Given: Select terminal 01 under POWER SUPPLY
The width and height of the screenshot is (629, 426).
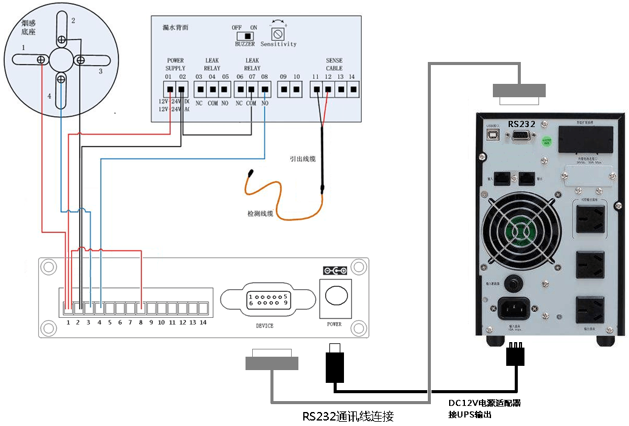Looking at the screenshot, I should point(170,90).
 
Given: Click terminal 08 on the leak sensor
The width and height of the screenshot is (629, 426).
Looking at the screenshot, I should point(265,90).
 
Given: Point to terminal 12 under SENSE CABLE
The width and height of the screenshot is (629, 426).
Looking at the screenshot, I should point(328,90).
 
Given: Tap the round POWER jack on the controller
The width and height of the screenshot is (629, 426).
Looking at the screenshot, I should point(334,296).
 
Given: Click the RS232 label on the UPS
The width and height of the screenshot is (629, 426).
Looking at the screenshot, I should point(521,124).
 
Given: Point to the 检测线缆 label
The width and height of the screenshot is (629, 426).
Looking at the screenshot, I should point(260,214).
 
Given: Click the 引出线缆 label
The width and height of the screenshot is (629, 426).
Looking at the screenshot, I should point(303,159).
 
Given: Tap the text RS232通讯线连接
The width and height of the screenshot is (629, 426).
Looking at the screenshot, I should point(348,416).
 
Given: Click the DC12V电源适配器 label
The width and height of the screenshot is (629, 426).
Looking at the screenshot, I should point(484,403).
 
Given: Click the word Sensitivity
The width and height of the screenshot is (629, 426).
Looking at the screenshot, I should point(279,44).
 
